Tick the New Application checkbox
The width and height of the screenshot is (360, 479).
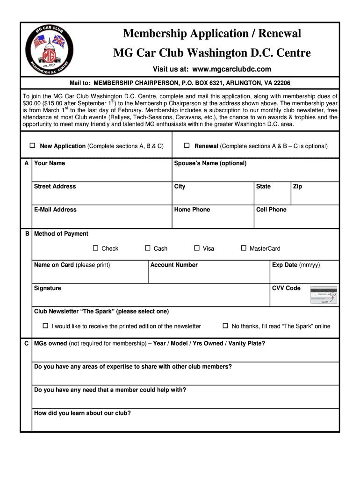[33, 145]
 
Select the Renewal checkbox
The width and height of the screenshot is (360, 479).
[186, 145]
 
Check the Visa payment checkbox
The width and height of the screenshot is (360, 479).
[197, 248]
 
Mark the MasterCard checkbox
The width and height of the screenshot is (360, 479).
[243, 248]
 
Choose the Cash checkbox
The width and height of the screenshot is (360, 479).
[148, 248]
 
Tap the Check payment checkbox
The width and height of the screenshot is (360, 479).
[95, 248]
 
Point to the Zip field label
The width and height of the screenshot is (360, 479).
[297, 186]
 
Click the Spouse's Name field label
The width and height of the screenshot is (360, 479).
[210, 163]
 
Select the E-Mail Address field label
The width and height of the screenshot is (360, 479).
[55, 210]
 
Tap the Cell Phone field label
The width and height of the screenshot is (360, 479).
[271, 210]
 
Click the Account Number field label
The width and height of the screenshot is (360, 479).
[174, 265]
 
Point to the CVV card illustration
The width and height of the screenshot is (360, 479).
[324, 295]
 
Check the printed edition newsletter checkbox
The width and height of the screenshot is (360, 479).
[45, 326]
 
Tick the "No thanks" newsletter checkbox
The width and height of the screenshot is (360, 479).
[225, 326]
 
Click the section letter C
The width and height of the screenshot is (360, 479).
[26, 344]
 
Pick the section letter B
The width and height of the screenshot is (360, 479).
[27, 233]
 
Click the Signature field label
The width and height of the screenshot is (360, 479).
[47, 288]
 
